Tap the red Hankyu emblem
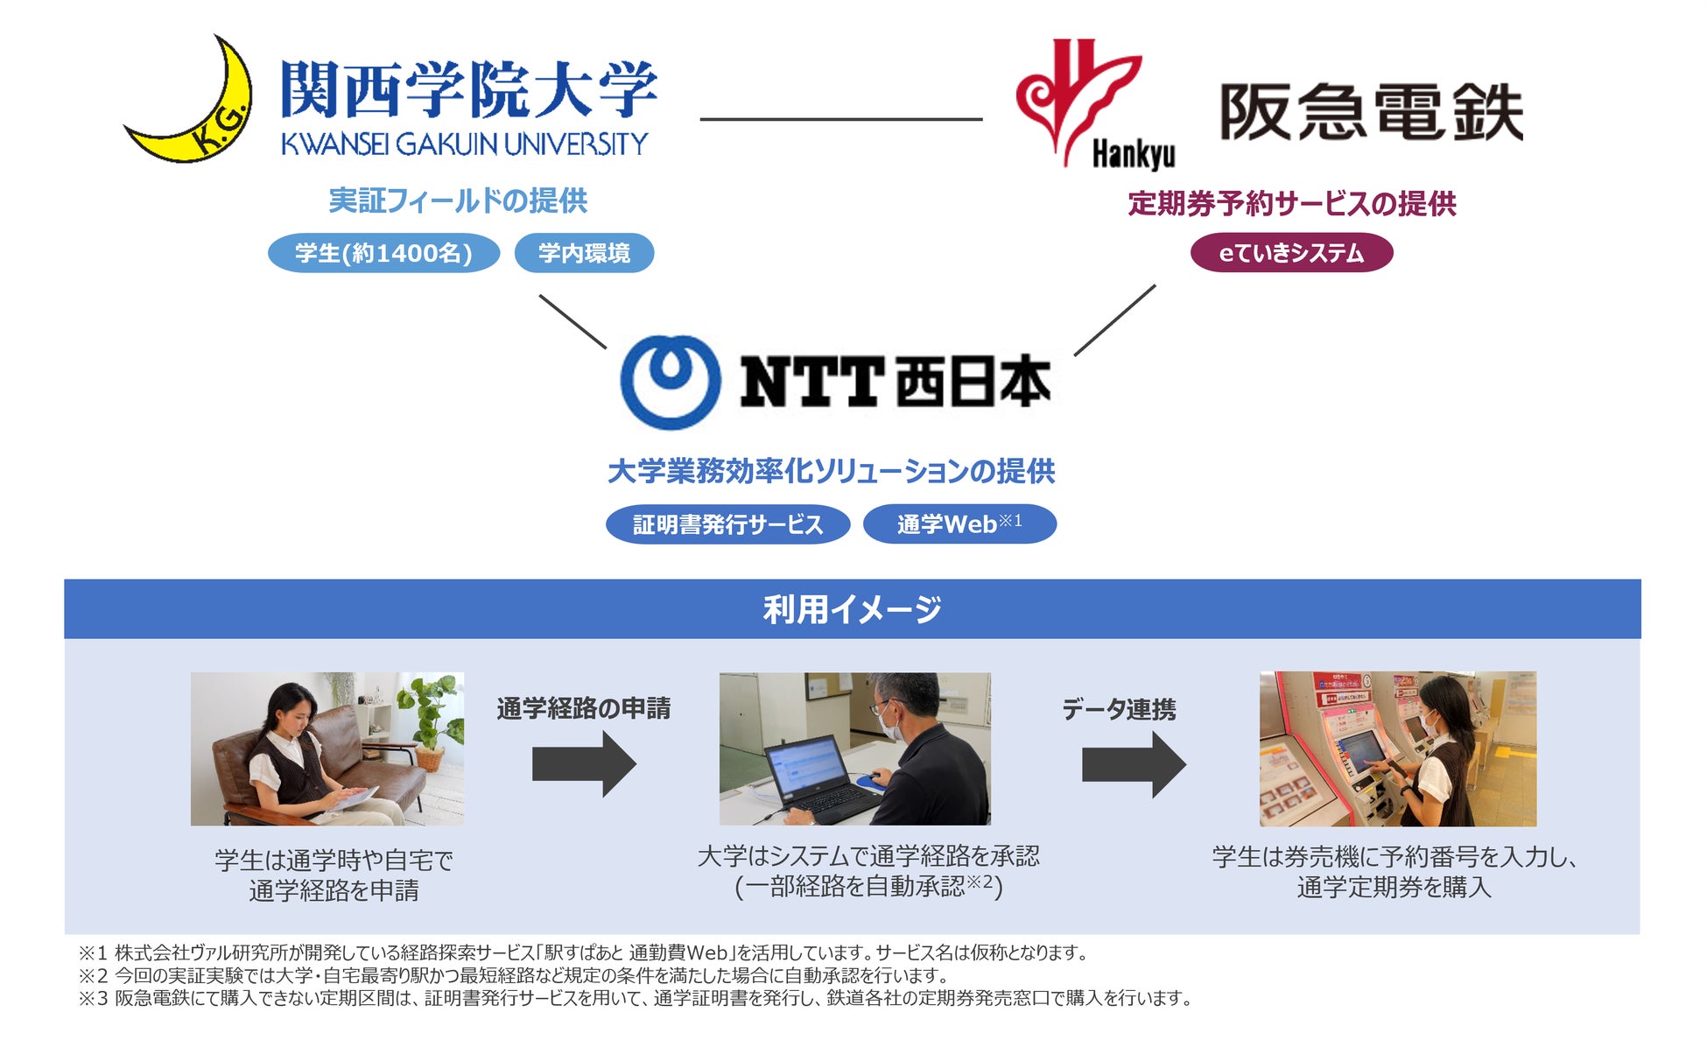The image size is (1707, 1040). tap(1077, 96)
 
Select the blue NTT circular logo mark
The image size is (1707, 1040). tap(671, 382)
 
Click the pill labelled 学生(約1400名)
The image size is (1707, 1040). tap(383, 253)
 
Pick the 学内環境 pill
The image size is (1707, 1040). tap(584, 253)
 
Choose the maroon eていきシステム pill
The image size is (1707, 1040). tap(1291, 253)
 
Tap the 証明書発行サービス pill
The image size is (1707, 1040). tap(727, 524)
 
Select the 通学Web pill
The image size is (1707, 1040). tap(959, 524)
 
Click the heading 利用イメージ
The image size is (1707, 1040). tap(852, 609)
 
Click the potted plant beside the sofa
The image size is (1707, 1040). tap(431, 718)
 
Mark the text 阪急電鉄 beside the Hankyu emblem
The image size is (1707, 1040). tap(1371, 112)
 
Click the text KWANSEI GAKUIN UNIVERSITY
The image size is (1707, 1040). tap(464, 144)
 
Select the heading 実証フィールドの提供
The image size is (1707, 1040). tap(458, 201)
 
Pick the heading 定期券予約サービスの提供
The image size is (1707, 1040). tap(1292, 204)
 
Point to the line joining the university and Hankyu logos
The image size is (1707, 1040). tap(840, 119)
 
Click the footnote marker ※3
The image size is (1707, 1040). tap(93, 999)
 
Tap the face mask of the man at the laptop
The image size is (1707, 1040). tap(891, 726)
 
